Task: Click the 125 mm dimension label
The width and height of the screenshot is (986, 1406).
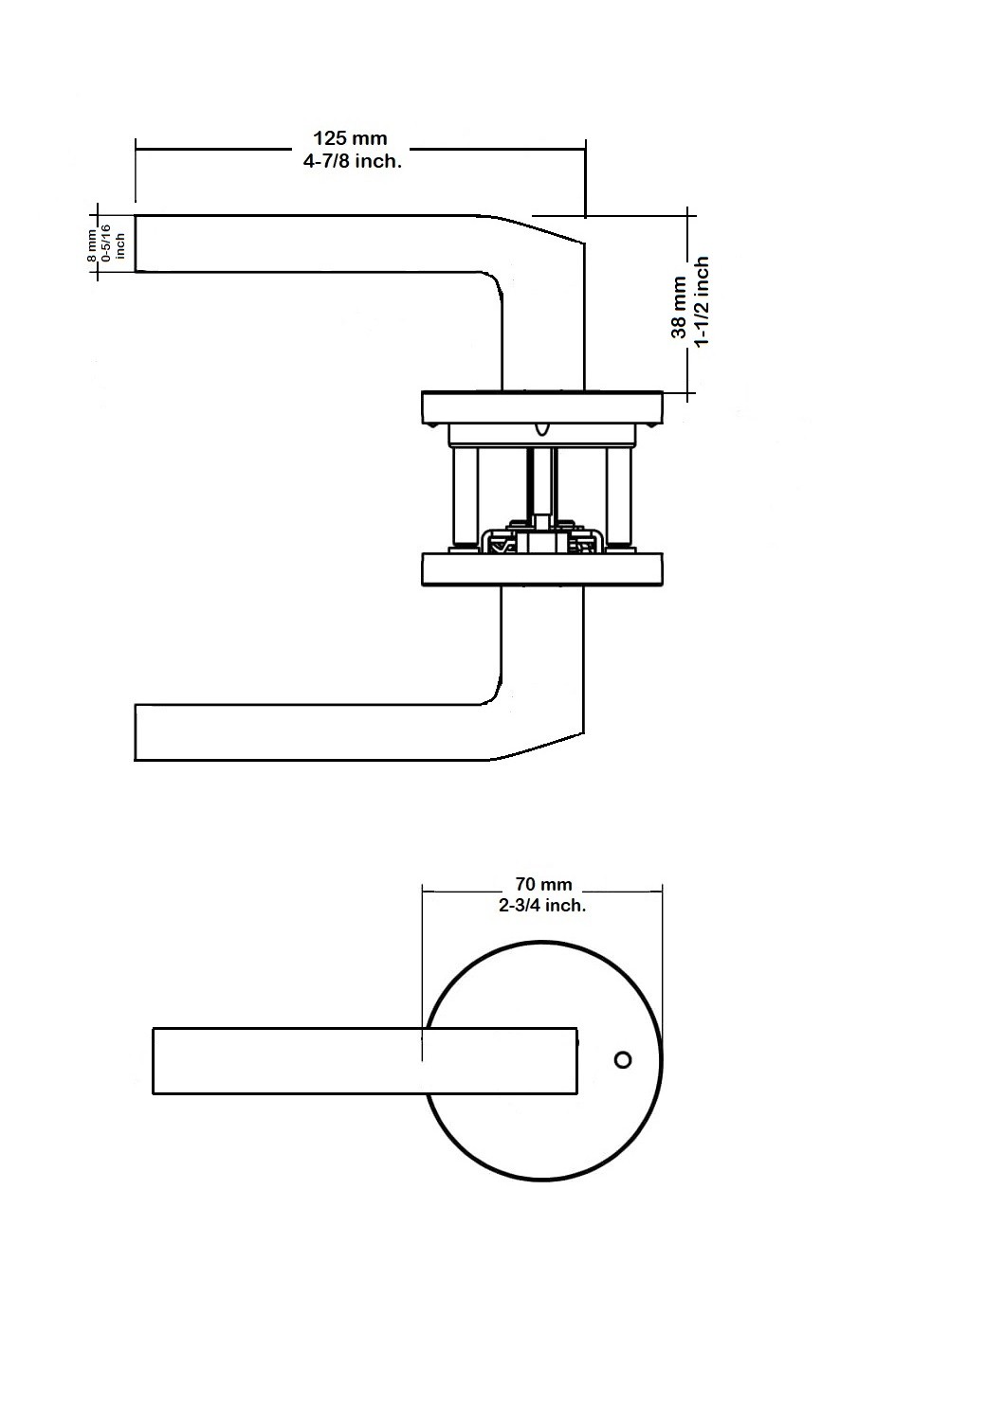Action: [351, 138]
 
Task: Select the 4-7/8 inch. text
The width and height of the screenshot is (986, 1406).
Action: [353, 161]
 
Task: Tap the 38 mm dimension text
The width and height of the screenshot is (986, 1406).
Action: [679, 308]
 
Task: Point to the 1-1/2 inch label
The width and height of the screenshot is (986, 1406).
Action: [701, 300]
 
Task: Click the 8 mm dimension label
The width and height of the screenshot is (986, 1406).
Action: [92, 245]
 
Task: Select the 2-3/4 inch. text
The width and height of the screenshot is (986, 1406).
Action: [542, 906]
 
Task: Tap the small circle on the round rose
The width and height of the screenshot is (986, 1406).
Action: [623, 1060]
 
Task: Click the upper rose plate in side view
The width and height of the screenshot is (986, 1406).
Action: [542, 406]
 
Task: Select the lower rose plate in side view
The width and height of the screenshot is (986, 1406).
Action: [542, 569]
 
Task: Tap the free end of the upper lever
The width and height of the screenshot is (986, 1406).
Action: [136, 243]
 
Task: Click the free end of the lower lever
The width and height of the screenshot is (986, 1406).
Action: [136, 732]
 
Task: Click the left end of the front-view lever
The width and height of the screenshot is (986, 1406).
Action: [154, 1061]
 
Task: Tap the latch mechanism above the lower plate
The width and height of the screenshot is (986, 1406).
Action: [541, 534]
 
